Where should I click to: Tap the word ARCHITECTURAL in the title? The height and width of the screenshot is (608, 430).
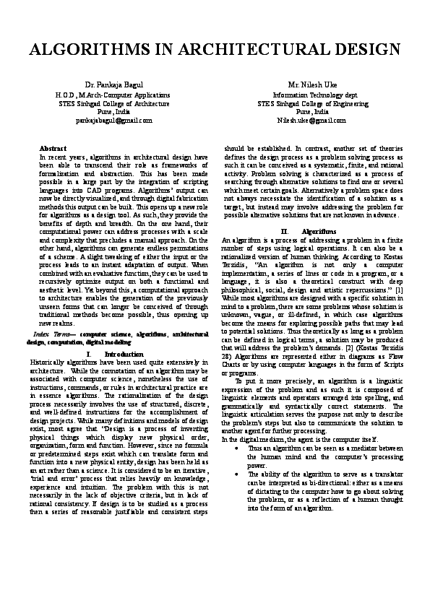tap(249, 50)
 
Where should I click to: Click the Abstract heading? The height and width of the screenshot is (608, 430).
tap(52, 148)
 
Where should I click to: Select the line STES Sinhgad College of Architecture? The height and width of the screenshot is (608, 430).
tap(113, 103)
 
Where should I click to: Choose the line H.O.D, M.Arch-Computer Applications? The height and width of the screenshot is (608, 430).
tap(113, 95)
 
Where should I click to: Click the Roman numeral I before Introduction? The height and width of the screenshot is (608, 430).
tap(87, 355)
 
